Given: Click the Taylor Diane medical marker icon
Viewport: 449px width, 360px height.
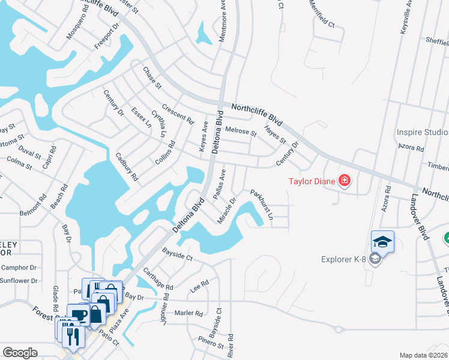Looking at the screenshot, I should click(x=345, y=180).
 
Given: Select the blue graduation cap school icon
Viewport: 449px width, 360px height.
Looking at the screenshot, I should click(x=382, y=242).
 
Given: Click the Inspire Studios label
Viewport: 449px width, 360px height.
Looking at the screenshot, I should click(x=423, y=132).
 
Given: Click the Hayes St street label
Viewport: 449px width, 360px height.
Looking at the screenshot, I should click(x=276, y=136).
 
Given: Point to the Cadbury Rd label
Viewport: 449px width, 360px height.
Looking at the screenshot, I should click(x=127, y=166).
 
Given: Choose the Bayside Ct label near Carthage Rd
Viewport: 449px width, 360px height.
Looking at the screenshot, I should click(x=176, y=256).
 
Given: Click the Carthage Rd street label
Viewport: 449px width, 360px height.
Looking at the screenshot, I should click(x=158, y=278).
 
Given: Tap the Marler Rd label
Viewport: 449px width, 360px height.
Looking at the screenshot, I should click(x=190, y=313).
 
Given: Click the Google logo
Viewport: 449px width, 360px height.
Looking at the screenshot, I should click(x=20, y=353).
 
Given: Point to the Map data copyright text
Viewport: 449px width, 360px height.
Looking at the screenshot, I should click(x=424, y=355).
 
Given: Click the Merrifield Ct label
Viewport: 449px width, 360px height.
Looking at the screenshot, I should click(x=322, y=16).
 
